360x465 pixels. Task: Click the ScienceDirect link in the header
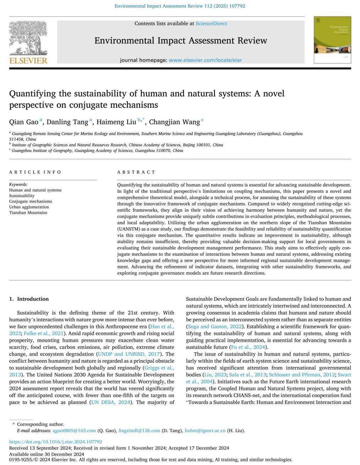pos(211,23)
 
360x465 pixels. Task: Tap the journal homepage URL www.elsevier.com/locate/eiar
pos(205,60)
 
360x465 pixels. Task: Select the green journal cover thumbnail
pos(332,40)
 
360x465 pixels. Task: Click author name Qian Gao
pos(23,122)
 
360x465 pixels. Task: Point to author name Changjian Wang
pos(174,122)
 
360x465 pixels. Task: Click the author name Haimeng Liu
pos(116,122)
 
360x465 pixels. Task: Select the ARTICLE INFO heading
pos(35,172)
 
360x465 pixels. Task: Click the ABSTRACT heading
pos(136,172)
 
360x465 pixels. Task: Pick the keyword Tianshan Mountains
pos(28,213)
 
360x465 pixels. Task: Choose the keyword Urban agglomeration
pos(29,207)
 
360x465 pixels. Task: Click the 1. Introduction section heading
pos(29,299)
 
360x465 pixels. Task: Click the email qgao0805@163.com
pos(74,431)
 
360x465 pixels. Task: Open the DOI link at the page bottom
pos(55,442)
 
